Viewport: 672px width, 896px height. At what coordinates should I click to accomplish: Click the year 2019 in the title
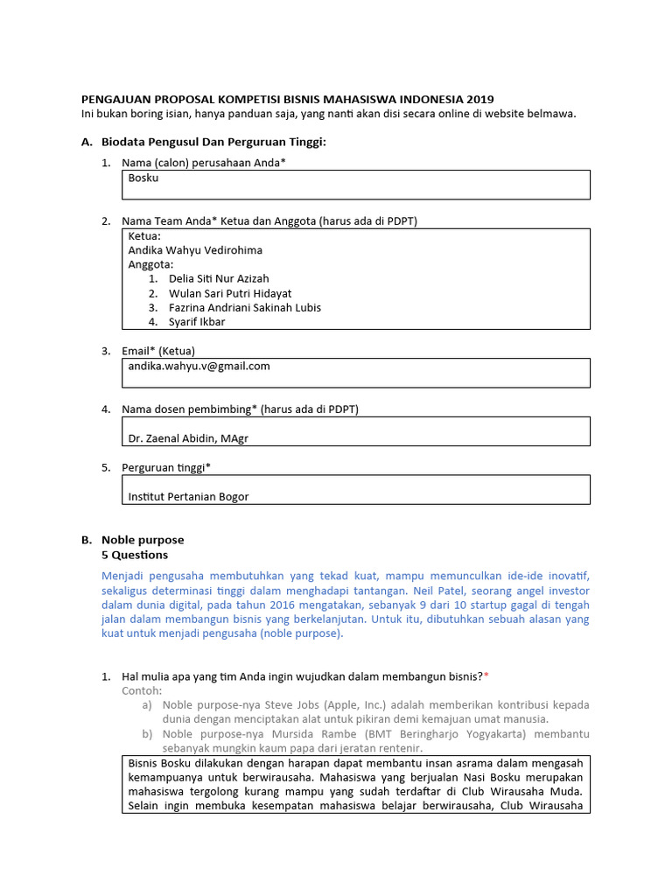coord(479,99)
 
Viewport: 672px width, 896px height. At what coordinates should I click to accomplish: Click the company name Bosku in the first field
coord(143,178)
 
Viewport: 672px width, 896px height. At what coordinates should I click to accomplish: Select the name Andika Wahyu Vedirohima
coord(195,250)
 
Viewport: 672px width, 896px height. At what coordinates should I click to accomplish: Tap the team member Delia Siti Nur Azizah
coord(219,279)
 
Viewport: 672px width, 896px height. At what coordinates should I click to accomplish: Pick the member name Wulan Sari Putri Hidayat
coord(230,293)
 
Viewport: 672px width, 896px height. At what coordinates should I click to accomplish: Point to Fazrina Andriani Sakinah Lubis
coord(245,308)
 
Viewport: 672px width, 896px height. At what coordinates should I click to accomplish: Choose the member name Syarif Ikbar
coord(197,322)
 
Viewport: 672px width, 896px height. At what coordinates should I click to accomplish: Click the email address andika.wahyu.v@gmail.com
coord(199,367)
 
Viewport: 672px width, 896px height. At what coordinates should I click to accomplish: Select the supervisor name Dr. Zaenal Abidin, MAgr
coord(188,438)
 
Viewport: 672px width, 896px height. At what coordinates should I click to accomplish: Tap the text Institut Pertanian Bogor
coord(188,497)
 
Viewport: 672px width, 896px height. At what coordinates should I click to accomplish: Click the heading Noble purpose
coord(143,540)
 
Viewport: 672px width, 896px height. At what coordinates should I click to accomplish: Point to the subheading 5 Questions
coord(135,555)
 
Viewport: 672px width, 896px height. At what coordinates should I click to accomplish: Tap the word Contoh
coord(142,690)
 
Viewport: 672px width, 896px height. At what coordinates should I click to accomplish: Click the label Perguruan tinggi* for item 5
coord(166,467)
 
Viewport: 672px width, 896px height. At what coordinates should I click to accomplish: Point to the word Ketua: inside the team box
coord(144,236)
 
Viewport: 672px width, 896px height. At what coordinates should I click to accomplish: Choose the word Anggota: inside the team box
coord(151,264)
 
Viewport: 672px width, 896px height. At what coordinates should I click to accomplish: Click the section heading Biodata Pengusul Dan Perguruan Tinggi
coord(213,142)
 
